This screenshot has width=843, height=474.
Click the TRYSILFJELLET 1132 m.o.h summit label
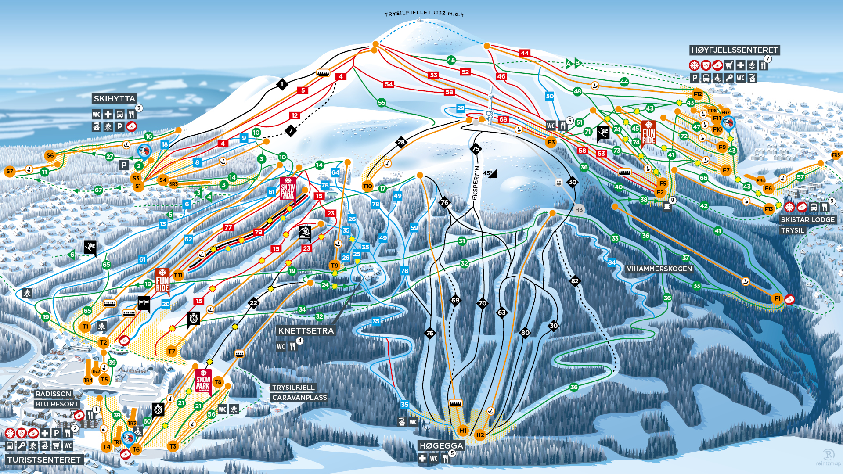(x=424, y=14)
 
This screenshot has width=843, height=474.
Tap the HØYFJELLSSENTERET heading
(x=735, y=50)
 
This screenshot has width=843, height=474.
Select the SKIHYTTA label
(x=114, y=99)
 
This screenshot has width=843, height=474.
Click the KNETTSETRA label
(x=306, y=331)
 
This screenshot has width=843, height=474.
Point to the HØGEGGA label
(x=441, y=446)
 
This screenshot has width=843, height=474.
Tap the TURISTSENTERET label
(x=44, y=460)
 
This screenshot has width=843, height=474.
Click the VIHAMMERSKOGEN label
(x=659, y=269)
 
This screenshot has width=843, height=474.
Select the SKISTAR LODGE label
(x=807, y=220)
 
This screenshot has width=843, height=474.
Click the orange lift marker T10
(x=367, y=186)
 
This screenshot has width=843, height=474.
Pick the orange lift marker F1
(x=777, y=299)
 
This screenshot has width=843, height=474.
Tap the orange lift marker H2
(x=480, y=435)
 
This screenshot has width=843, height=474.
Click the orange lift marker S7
(x=10, y=171)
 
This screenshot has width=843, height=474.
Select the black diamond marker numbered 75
(x=476, y=149)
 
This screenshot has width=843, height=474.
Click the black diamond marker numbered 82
(x=575, y=281)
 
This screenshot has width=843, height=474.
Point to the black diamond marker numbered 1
(x=282, y=84)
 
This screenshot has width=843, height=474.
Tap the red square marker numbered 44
(x=525, y=53)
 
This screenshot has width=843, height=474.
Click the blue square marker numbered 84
(x=612, y=262)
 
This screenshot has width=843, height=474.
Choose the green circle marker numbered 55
(x=382, y=103)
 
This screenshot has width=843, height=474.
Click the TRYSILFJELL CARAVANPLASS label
(x=299, y=392)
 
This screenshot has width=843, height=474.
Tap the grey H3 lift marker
(x=579, y=210)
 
